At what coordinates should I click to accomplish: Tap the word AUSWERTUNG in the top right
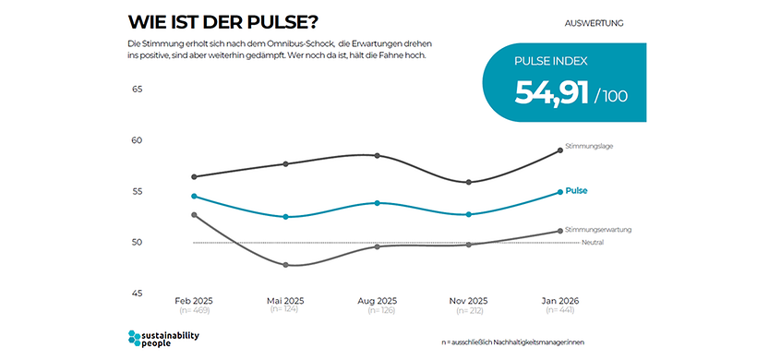pyautogui.click(x=594, y=22)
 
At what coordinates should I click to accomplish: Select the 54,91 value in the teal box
pyautogui.click(x=552, y=93)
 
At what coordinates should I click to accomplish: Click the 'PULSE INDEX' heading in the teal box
pyautogui.click(x=551, y=62)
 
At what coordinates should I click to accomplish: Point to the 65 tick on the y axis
pyautogui.click(x=138, y=90)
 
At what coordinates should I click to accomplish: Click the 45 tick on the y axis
pyautogui.click(x=138, y=294)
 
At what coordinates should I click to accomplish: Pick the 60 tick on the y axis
pyautogui.click(x=138, y=140)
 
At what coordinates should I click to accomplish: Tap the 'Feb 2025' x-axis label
pyautogui.click(x=194, y=301)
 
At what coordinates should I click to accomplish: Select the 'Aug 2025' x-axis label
pyautogui.click(x=377, y=301)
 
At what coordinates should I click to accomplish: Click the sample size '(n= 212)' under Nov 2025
pyautogui.click(x=468, y=311)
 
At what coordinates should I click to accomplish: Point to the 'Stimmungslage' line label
pyautogui.click(x=590, y=146)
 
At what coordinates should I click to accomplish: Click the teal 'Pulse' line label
pyautogui.click(x=576, y=191)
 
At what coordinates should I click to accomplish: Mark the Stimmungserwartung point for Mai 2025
pyautogui.click(x=285, y=265)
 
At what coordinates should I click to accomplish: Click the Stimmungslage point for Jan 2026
pyautogui.click(x=559, y=150)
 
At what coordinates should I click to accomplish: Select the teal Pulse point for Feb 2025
pyautogui.click(x=194, y=196)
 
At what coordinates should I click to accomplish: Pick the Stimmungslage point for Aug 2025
pyautogui.click(x=377, y=156)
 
